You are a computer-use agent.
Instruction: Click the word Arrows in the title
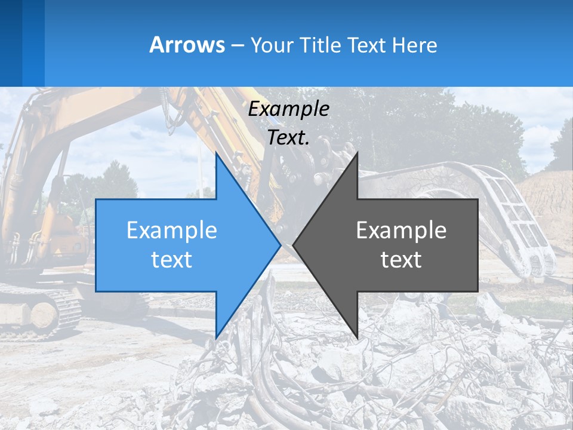(x=187, y=45)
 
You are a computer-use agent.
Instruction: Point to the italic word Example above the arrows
(x=289, y=109)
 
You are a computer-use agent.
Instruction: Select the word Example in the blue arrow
(x=172, y=231)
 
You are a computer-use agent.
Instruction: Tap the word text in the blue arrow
(x=172, y=260)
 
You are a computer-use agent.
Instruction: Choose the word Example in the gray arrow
(x=401, y=231)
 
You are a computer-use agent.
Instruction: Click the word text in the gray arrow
(x=401, y=260)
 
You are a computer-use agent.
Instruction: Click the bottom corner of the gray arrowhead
(x=358, y=338)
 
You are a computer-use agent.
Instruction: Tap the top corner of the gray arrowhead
(x=358, y=152)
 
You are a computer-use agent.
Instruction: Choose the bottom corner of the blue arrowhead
(x=216, y=338)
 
